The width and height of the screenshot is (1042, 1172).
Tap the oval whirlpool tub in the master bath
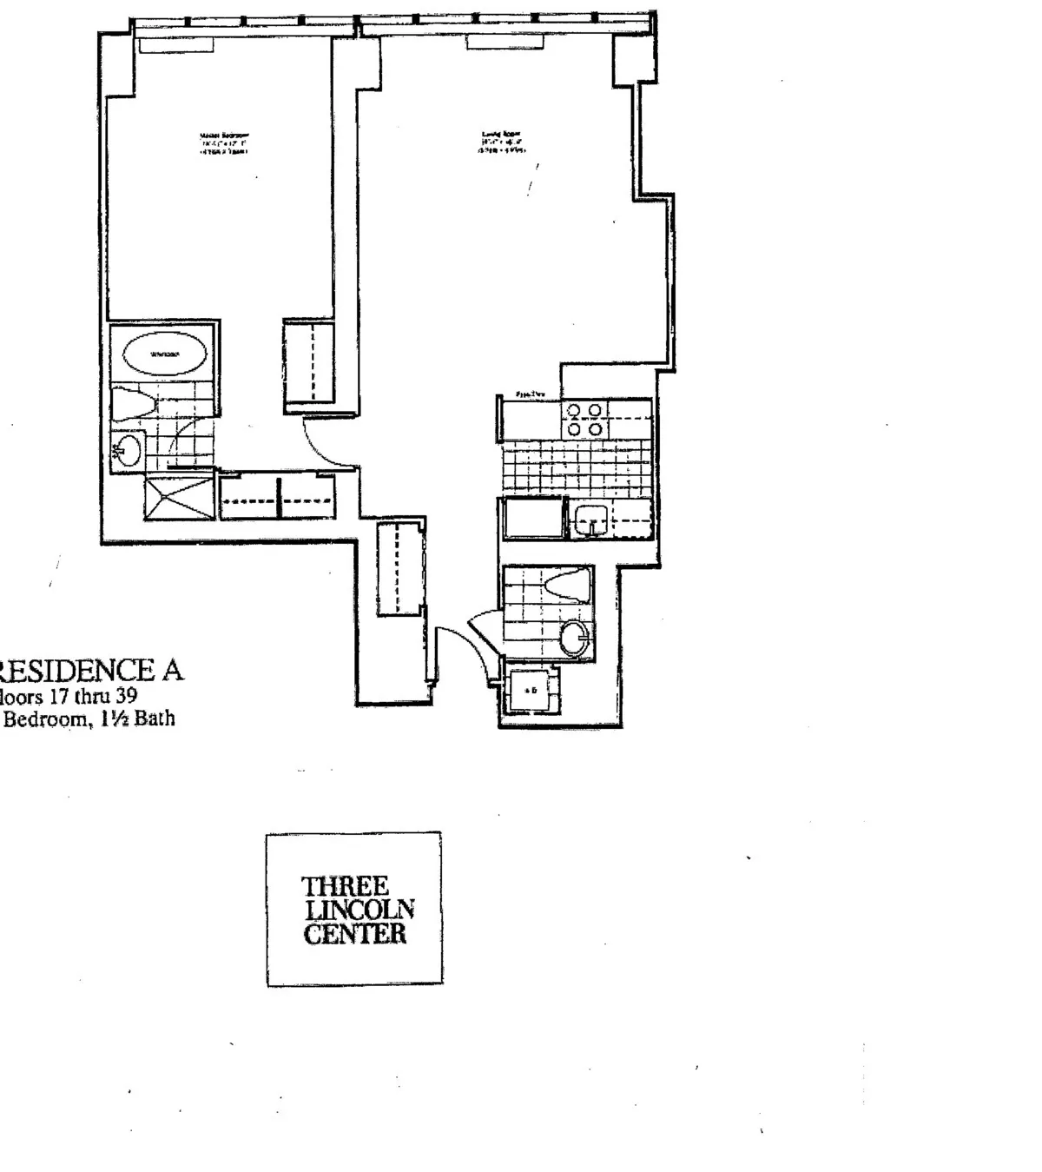coord(164,354)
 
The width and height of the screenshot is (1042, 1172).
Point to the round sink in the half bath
coord(574,639)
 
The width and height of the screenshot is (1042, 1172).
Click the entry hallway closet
coord(400,567)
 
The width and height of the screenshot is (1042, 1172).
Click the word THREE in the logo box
coord(344,886)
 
